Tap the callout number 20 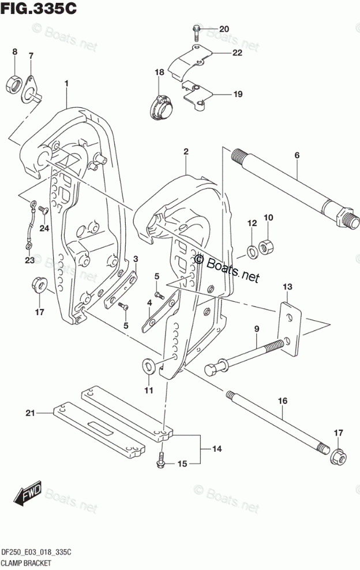223,29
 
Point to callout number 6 297,155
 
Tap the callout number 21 30,412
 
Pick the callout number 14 217,448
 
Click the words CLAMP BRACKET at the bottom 27,561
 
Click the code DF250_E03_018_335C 37,552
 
